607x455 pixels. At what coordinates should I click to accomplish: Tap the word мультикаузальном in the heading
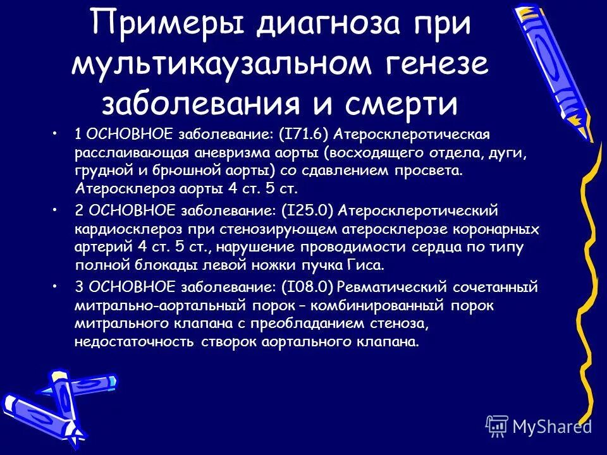233,66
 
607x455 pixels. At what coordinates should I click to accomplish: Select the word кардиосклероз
126,227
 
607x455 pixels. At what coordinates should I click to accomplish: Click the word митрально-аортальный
147,306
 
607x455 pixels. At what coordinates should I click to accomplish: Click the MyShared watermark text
551,426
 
